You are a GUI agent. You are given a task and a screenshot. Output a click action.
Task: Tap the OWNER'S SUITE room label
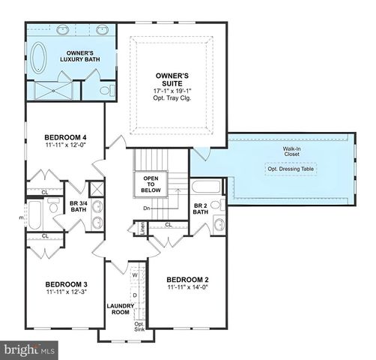[173, 79]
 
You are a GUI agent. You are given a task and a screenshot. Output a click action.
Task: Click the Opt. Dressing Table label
[291, 169]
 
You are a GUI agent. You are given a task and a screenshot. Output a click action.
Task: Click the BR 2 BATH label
[200, 209]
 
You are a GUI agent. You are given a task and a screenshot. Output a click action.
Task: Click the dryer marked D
[136, 295]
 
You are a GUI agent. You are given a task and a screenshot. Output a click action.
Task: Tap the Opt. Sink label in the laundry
[138, 326]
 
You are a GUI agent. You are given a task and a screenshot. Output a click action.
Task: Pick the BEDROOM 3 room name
[67, 284]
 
